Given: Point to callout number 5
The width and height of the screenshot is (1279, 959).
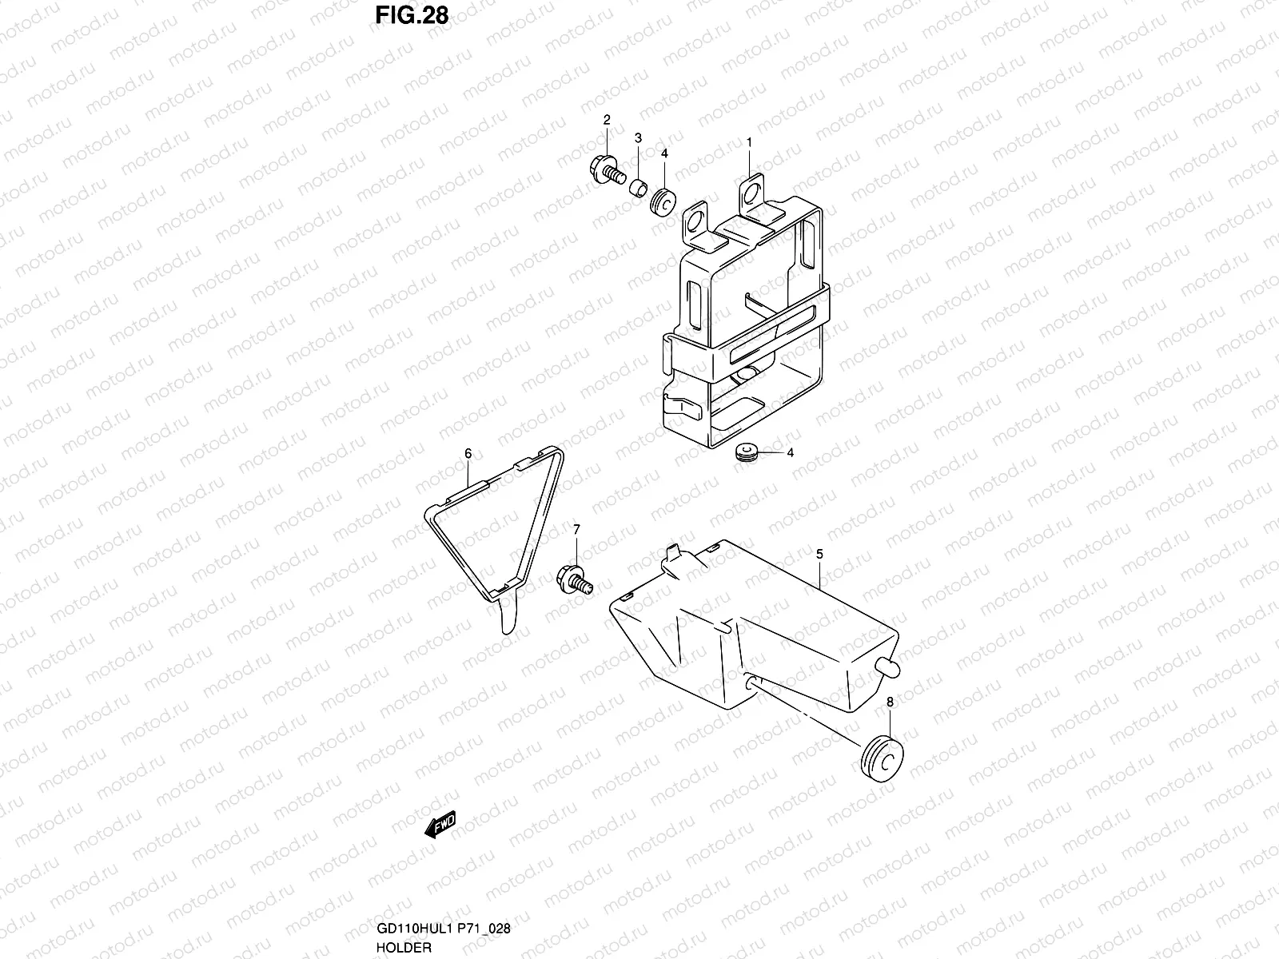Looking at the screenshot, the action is coord(819,553).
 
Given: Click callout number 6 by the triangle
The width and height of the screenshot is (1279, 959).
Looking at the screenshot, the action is coord(468,454).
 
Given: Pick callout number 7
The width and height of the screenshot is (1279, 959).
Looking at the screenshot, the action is coord(576,529).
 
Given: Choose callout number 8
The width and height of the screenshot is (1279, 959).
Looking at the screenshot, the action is coord(890,702).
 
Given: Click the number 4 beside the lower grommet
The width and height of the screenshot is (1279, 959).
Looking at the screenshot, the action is coord(790,452).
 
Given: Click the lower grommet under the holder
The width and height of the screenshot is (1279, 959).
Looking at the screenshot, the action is coord(747,453).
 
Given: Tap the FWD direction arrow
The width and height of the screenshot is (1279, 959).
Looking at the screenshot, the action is coord(440,825).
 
